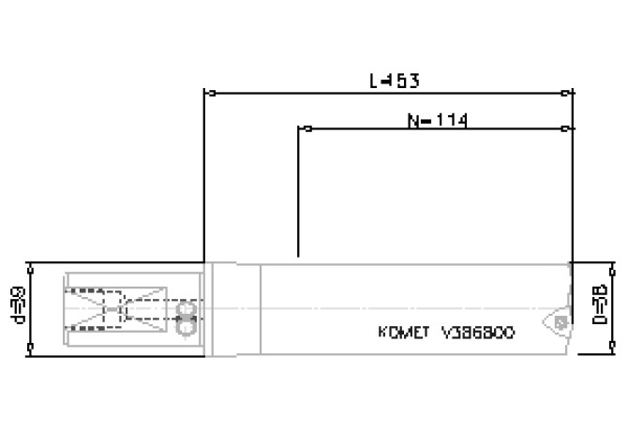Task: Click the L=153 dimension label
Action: (394, 82)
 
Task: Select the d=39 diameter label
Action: (17, 305)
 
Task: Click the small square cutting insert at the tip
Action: (560, 321)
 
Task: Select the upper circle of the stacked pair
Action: (185, 307)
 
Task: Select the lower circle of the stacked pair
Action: (185, 325)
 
